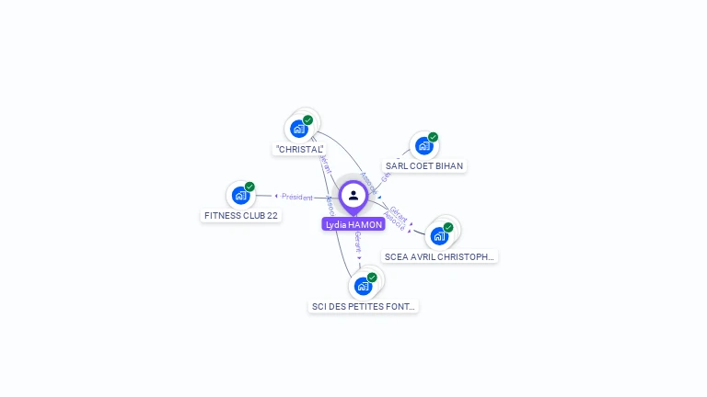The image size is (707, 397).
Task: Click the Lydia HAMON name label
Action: pos(353,224)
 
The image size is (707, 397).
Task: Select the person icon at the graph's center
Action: pos(353,195)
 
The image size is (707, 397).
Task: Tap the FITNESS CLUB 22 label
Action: pos(241,216)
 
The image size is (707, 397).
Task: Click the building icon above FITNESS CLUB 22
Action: pos(240,195)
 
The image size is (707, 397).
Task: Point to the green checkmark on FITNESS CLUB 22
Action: pos(249,187)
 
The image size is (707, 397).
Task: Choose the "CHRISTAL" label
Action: pos(300,149)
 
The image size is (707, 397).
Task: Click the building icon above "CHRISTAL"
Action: pos(298,129)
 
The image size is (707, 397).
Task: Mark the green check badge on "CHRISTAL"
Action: pos(307,120)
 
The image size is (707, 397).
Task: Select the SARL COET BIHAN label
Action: pos(424,166)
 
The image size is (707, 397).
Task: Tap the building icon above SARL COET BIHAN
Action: pos(423,145)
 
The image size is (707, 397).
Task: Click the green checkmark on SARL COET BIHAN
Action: pos(433,137)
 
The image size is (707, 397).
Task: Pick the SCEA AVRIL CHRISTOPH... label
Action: pos(440,257)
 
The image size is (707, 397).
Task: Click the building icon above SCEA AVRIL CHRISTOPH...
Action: pos(439,235)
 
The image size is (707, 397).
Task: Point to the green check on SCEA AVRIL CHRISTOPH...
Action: pos(448,227)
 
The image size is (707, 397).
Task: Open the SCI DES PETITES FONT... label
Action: pos(364,307)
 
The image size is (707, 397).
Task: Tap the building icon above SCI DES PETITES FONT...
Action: pos(363,286)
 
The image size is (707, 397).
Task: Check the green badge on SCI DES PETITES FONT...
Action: pos(372,278)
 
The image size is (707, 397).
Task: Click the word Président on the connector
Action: pos(297,197)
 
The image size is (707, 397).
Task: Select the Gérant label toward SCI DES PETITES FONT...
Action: pos(357,242)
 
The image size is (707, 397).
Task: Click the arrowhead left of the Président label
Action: pos(276,196)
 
